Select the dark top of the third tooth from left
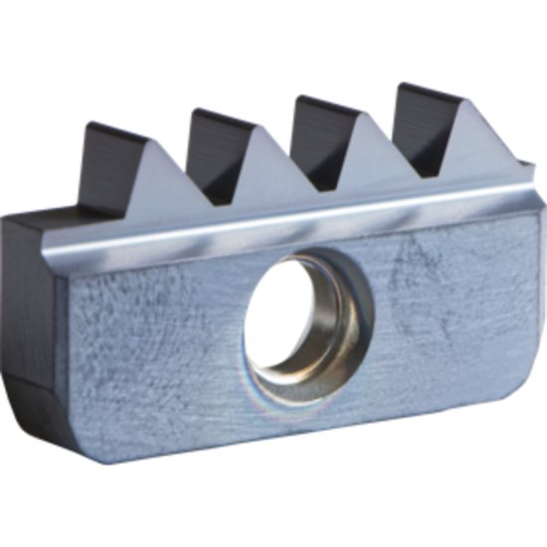pyautogui.click(x=317, y=129)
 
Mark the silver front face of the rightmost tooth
pyautogui.click(x=463, y=139)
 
